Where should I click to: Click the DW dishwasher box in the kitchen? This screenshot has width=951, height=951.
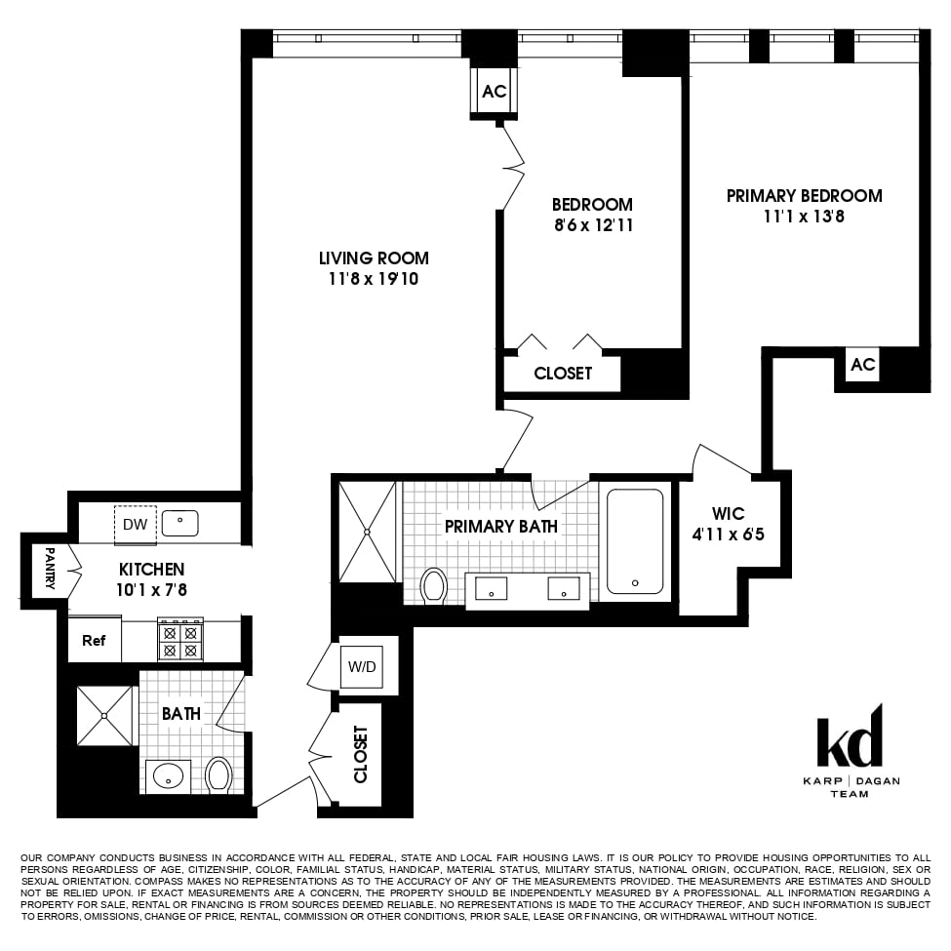135,524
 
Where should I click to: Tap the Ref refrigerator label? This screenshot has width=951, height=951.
94,641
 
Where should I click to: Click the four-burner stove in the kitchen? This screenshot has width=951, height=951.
180,641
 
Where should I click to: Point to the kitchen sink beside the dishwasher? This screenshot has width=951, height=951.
180,524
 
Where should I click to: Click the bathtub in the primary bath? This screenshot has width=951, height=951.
635,540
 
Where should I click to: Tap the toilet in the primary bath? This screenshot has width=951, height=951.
434,585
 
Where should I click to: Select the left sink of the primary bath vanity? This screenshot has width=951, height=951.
492,588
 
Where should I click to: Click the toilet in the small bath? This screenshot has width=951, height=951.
219,775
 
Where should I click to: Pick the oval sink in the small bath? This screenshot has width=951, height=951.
169,776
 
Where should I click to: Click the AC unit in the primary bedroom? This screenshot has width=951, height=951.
863,365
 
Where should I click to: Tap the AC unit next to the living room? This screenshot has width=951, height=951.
495,92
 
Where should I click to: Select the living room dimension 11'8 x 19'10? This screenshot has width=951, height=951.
374,279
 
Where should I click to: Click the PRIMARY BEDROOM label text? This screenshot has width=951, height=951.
804,196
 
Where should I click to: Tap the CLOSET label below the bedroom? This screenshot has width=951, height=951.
563,374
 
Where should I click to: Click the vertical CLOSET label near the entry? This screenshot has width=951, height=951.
361,754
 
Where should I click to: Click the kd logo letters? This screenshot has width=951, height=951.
849,740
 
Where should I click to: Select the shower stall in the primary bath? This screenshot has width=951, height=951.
368,532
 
